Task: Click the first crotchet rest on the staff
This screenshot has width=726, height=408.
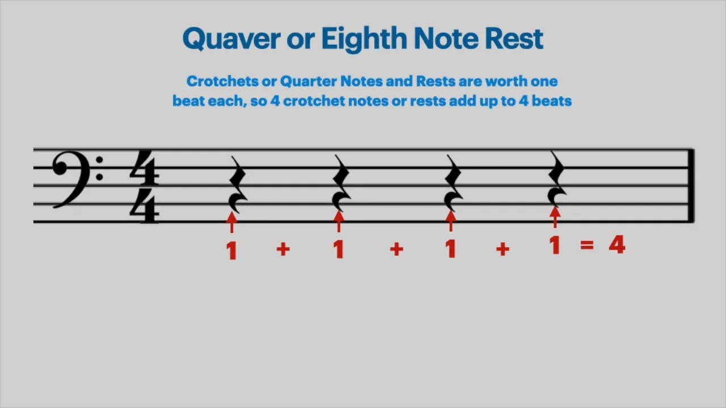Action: tap(237, 183)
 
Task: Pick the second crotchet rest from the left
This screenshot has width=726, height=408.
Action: tap(342, 183)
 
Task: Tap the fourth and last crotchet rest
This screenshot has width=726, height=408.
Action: tap(557, 178)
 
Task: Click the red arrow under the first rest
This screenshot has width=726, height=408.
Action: tap(231, 222)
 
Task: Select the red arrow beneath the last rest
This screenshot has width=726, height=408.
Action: tap(555, 217)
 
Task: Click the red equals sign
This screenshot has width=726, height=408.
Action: tap(586, 245)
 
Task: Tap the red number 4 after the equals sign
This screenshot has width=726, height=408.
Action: tap(617, 245)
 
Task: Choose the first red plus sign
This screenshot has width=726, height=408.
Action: tap(283, 249)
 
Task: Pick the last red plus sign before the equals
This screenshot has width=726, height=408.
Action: tap(503, 249)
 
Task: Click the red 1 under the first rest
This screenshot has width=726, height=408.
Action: tap(231, 250)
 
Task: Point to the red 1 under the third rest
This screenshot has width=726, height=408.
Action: tap(451, 249)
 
